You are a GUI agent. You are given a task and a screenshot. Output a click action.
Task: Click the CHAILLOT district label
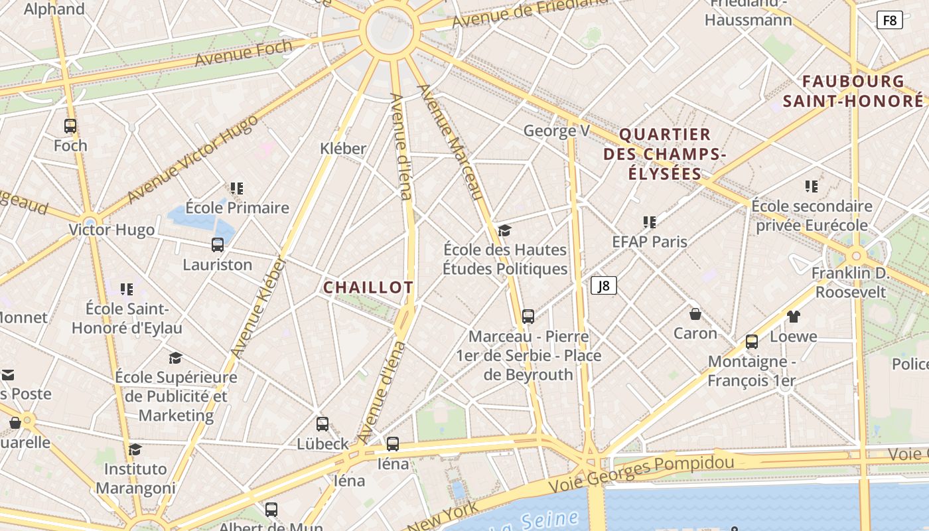(x=368, y=287)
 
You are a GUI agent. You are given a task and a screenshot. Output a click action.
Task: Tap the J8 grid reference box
(x=604, y=285)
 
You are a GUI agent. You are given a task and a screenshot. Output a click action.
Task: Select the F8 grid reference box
(x=890, y=20)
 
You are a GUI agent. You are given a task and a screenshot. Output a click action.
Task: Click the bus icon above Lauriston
(x=218, y=245)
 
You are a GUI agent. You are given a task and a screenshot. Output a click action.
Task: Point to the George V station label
(x=556, y=131)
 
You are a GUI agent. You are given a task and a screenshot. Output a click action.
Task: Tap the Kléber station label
(x=343, y=148)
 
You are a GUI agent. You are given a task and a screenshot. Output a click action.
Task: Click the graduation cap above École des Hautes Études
(x=505, y=230)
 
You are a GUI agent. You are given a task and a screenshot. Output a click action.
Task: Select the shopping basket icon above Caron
(x=695, y=313)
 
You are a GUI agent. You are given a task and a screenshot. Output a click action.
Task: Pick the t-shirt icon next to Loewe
(x=794, y=317)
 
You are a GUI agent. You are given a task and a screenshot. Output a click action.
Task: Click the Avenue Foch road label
(x=243, y=53)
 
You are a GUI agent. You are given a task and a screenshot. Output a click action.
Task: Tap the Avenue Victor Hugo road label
(x=192, y=160)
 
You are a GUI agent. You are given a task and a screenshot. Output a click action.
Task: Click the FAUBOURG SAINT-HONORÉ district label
(x=853, y=91)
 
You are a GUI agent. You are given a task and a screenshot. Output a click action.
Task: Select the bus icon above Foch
(x=70, y=125)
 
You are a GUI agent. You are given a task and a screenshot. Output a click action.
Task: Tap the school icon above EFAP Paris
(x=650, y=222)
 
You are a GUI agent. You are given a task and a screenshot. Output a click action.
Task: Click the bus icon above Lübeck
(x=322, y=423)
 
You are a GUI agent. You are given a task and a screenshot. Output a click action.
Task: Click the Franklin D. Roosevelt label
(x=851, y=282)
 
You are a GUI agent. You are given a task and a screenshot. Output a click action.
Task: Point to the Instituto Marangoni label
(x=135, y=478)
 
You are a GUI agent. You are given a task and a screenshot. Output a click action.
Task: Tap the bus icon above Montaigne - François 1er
(x=752, y=342)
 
